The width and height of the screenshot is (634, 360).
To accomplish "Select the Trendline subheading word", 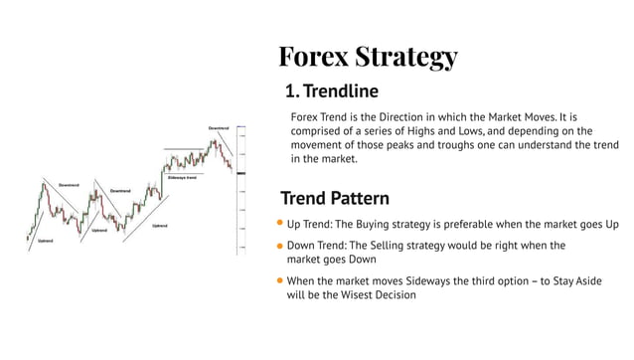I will (x=341, y=93).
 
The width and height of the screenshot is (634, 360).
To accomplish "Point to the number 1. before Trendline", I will (x=292, y=93).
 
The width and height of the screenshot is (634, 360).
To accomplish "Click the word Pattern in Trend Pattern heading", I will (x=354, y=198).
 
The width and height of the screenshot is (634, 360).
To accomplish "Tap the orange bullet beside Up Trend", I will (x=280, y=224).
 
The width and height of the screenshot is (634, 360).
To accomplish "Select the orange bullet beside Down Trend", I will (x=280, y=246).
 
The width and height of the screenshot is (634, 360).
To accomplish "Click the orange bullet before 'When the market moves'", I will (x=280, y=281).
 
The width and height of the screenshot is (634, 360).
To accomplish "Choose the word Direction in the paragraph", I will (x=421, y=115).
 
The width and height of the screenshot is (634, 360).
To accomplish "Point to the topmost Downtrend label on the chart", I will (x=219, y=128).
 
